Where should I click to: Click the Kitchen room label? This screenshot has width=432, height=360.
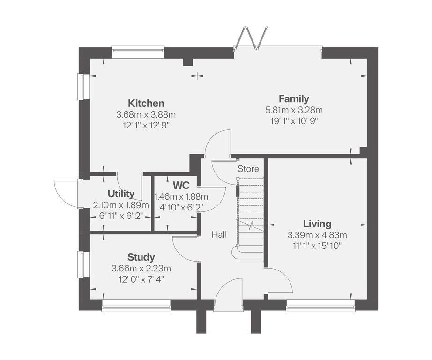[x=146, y=104]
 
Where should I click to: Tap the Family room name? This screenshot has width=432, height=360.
[x=294, y=99]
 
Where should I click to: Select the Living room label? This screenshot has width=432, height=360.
[x=317, y=224]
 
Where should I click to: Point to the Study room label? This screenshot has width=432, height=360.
[x=141, y=257]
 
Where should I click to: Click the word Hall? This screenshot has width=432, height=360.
[x=219, y=234]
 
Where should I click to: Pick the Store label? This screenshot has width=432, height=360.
[x=248, y=169]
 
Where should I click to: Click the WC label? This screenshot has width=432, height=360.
[x=181, y=185]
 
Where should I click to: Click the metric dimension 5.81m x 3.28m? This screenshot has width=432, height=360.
[x=294, y=110]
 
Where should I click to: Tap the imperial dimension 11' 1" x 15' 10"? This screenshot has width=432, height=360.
[x=317, y=246]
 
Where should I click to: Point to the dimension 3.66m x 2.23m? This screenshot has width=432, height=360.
[x=141, y=269]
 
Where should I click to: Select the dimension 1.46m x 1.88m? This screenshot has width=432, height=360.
[x=181, y=196]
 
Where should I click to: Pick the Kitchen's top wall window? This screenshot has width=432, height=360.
[x=138, y=52]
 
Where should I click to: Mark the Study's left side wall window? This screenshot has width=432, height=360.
[x=84, y=264]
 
